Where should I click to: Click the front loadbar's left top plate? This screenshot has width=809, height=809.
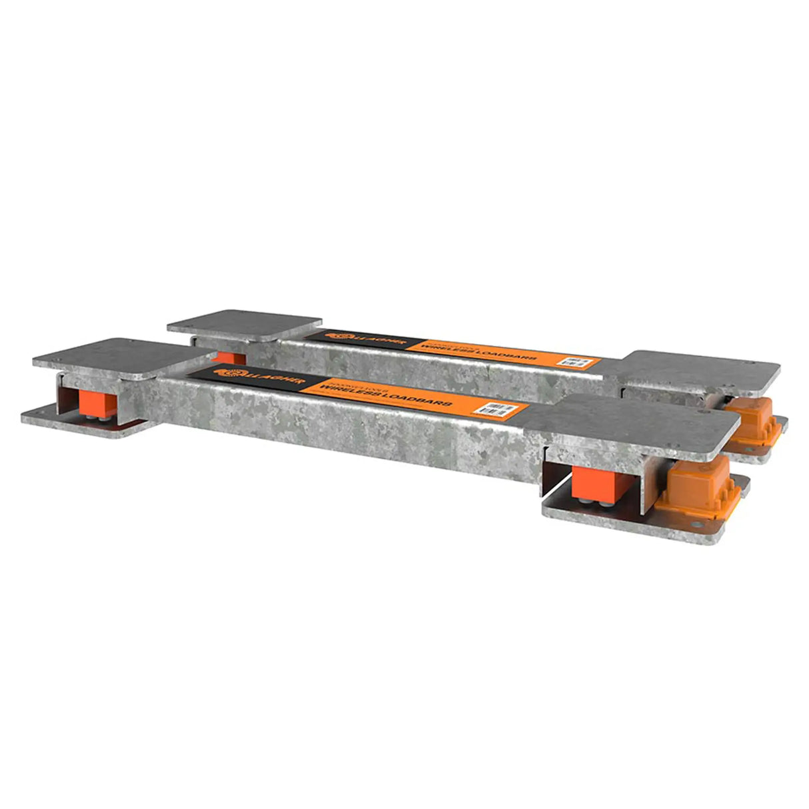click(110, 357)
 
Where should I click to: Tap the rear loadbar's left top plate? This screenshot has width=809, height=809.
click(245, 325)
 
